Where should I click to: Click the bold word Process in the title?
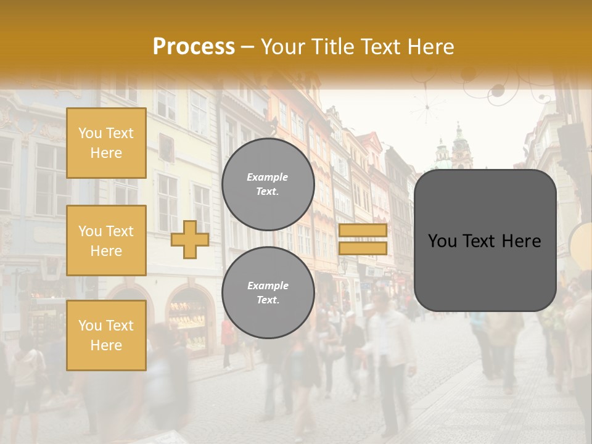[x=194, y=47]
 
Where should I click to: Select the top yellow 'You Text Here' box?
[x=106, y=143]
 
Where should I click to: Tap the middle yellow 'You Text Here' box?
[x=106, y=240]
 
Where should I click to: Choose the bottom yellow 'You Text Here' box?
[x=106, y=335]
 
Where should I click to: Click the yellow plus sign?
[x=190, y=239]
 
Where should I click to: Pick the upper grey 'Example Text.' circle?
[x=268, y=184]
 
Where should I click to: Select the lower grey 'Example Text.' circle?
[x=268, y=292]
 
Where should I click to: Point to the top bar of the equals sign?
[x=363, y=231]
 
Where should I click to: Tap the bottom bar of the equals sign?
[x=363, y=248]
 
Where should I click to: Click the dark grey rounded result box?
[x=485, y=240]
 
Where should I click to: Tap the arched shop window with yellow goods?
[x=187, y=314]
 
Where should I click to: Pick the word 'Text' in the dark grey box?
[x=479, y=240]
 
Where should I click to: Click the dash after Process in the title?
[x=248, y=47]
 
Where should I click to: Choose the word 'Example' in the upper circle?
[x=268, y=177]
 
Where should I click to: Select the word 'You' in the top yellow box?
[x=89, y=133]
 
